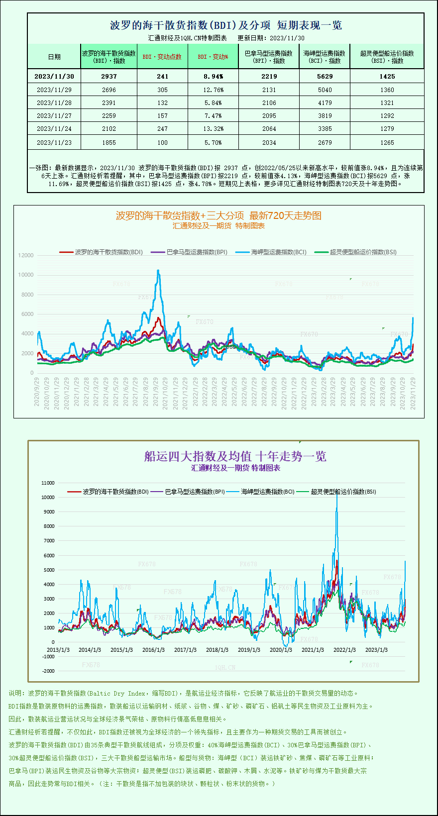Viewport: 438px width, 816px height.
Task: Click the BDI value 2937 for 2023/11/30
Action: coord(109,76)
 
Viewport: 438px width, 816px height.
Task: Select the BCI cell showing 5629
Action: coord(325,76)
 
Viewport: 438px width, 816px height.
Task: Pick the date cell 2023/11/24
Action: coord(54,128)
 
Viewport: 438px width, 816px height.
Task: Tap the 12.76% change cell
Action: coord(213,90)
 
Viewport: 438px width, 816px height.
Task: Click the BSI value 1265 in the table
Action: coord(387,142)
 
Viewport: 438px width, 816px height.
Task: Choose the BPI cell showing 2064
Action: coord(269,128)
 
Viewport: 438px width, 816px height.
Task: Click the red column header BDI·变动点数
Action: coord(162,57)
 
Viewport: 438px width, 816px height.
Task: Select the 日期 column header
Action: coord(54,57)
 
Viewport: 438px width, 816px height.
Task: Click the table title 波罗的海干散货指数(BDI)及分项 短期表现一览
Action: coord(225,25)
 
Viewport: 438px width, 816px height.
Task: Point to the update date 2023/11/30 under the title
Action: coord(287,38)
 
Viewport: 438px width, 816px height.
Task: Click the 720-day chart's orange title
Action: coord(219,215)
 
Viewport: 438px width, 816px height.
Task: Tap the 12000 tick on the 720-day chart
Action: coord(26,255)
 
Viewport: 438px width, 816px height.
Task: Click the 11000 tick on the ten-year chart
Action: coord(48,483)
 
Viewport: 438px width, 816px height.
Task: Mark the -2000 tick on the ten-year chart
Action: coord(48,671)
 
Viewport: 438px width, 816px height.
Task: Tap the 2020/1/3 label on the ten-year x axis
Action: coord(281,650)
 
